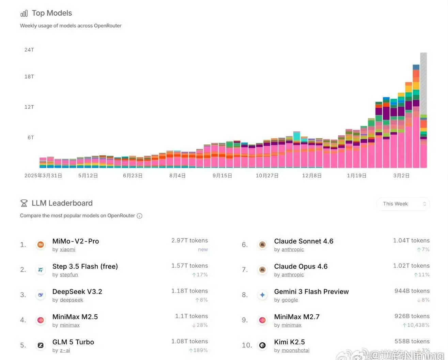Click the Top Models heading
tap(52, 13)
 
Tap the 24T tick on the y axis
tap(29, 50)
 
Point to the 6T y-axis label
tap(31, 137)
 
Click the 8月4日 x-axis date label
tap(177, 176)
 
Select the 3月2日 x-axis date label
tap(401, 176)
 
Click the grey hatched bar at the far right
tap(423, 84)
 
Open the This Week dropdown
tap(403, 204)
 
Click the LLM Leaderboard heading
tap(62, 203)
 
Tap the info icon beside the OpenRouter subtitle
tap(139, 216)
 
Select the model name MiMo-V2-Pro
tap(76, 241)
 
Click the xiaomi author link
tap(67, 250)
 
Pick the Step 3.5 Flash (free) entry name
tap(85, 266)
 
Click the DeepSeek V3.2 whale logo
tap(41, 295)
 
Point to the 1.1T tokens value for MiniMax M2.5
tap(191, 316)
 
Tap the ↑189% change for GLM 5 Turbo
tap(198, 350)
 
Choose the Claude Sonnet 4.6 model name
tap(304, 241)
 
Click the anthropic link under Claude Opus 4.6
tap(293, 275)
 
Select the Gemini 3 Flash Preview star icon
tap(262, 295)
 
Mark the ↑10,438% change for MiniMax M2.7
tap(416, 325)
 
